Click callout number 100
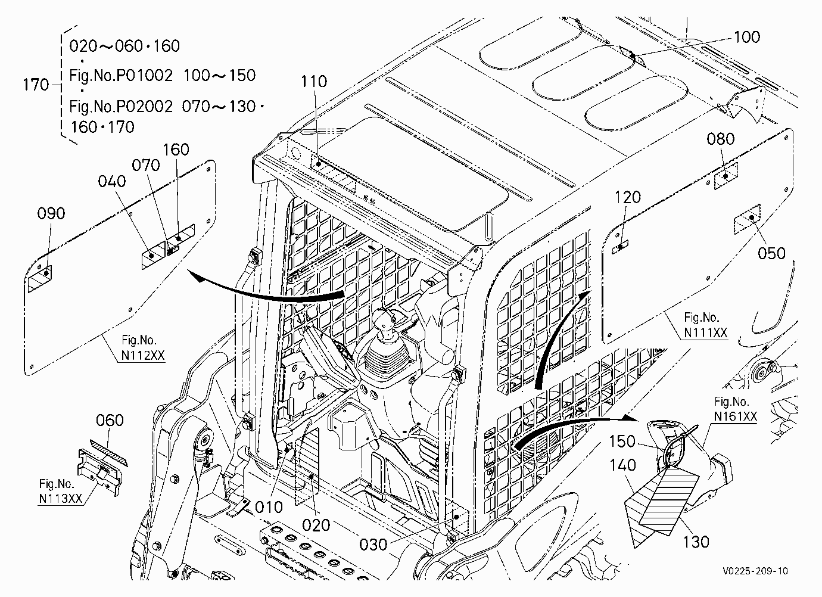[x=747, y=37]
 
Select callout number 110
[x=314, y=82]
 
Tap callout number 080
[x=721, y=139]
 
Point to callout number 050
[x=772, y=253]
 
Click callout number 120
[x=628, y=198]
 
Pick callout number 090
[x=51, y=213]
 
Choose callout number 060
[x=110, y=420]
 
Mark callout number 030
[x=373, y=545]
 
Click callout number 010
[x=269, y=508]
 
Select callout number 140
[x=622, y=465]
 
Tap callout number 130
[x=696, y=542]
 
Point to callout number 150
[x=622, y=441]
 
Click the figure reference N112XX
[x=143, y=356]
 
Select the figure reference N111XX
[x=706, y=332]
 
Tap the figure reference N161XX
[x=736, y=416]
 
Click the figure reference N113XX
[x=61, y=499]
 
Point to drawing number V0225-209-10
[x=755, y=571]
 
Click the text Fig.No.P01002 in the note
[x=121, y=76]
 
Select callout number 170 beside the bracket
[x=36, y=85]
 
